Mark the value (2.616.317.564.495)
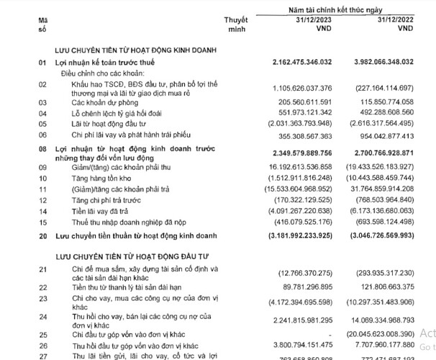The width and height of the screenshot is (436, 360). pyautogui.click(x=383, y=124)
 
